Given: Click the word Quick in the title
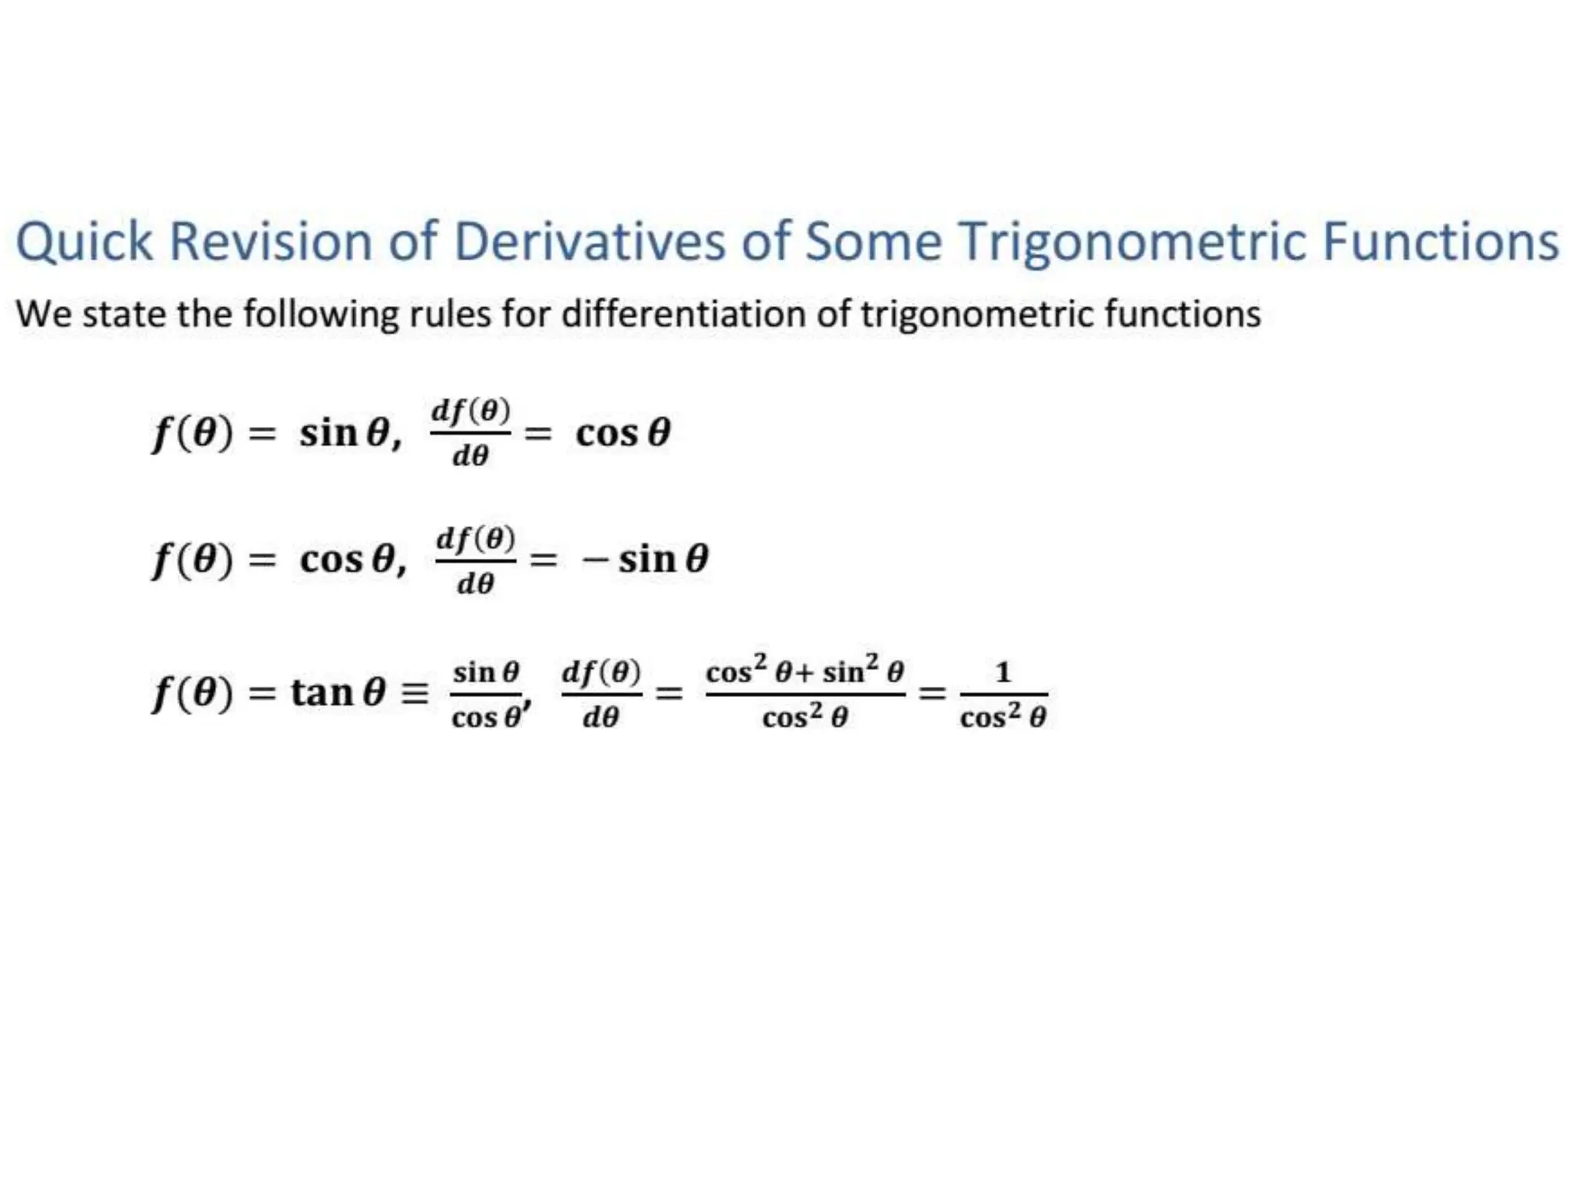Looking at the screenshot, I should point(84,242).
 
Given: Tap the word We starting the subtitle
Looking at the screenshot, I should point(44,314).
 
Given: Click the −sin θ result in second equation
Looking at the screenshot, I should point(645,560).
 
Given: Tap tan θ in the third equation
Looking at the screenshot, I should point(338,692).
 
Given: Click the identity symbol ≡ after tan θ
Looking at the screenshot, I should point(415,694).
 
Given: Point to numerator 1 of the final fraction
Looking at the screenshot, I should point(1002,673).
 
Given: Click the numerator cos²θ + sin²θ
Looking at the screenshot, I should point(804,671).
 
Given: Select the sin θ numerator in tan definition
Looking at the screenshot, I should point(486,672).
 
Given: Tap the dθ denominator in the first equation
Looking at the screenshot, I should point(470,457).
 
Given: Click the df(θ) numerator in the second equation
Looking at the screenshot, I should point(475,539).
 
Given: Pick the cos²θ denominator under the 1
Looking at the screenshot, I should point(1002,717).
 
